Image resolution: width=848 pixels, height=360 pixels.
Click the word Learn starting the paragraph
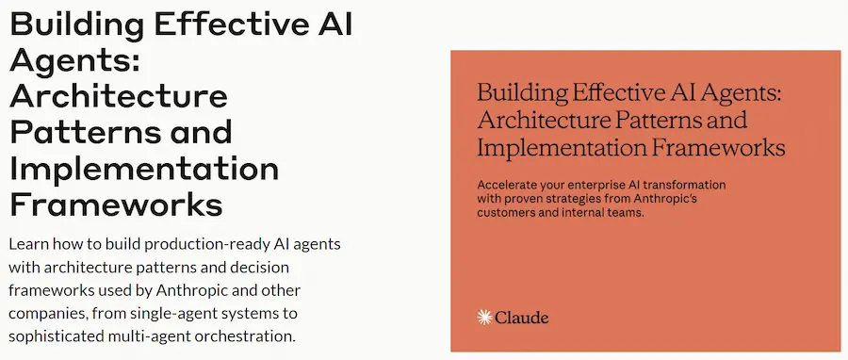pos(29,243)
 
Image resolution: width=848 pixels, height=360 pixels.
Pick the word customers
pos(510,214)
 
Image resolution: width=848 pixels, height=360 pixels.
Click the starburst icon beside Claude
pos(485,318)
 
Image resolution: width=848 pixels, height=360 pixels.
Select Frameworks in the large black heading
pos(116,204)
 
